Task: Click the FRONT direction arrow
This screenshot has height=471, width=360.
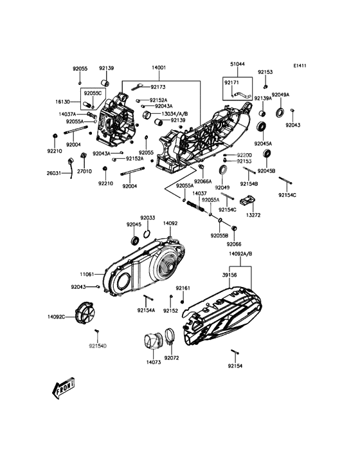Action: pos(63,388)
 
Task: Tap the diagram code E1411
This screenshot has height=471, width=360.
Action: pos(300,66)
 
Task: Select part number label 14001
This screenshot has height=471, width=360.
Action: pos(159,68)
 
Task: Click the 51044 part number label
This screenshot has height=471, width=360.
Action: pos(237,64)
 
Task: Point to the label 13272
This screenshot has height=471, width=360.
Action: pos(253,215)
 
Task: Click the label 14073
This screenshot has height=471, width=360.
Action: pos(154,362)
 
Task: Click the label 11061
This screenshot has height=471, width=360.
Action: pos(87,274)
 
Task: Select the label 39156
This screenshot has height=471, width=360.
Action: pos(230,275)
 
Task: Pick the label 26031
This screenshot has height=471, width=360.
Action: pos(54,173)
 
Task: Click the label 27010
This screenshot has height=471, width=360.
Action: pos(85,171)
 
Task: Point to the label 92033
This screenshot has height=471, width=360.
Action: pos(148,217)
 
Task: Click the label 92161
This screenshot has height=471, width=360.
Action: pos(183,288)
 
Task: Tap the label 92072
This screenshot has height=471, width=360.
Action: pos(172,358)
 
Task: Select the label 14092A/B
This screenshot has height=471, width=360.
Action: pos(240,254)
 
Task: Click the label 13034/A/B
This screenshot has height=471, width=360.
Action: pos(175,114)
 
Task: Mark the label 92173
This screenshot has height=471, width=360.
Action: pos(158,87)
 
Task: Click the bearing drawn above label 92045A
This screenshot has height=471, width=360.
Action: pos(262,127)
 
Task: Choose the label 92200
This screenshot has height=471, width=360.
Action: pos(244,155)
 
